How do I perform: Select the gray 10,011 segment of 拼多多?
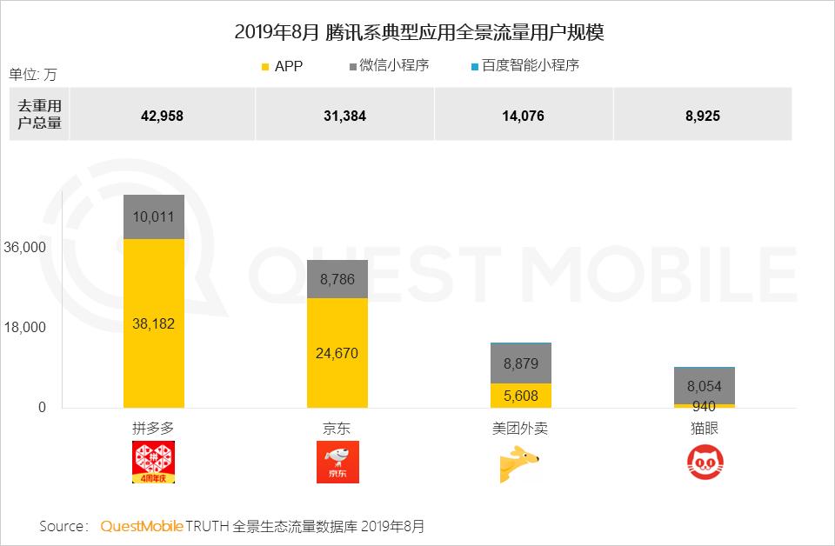point(154,216)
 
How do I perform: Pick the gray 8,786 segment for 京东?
point(337,279)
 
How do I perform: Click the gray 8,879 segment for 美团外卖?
point(521,363)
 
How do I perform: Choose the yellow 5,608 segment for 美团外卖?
point(521,396)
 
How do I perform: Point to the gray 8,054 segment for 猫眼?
point(705,386)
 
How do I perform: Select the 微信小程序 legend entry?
point(389,65)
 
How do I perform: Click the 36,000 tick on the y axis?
point(25,248)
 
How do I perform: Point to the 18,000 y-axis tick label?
point(25,328)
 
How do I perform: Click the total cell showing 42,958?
point(162,115)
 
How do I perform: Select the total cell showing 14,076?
point(523,115)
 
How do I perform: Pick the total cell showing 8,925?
point(702,115)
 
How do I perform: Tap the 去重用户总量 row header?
point(40,115)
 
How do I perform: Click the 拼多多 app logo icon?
point(154,462)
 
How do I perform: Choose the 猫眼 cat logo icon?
point(705,462)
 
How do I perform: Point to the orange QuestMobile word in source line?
point(142,526)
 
